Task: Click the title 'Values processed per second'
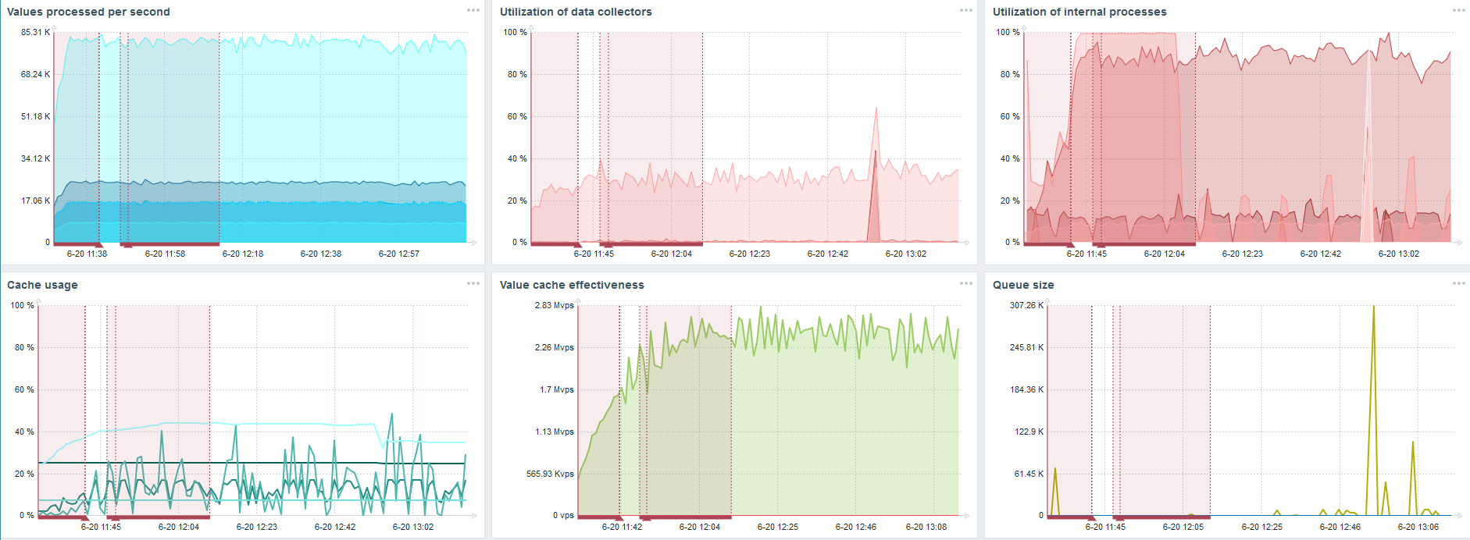[88, 12]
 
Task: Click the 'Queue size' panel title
[1023, 285]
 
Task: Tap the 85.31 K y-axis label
[35, 32]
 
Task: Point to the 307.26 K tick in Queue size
[1026, 305]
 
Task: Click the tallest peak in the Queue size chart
[1374, 307]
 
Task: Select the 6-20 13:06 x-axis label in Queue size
[1418, 527]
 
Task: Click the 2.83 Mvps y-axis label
[554, 305]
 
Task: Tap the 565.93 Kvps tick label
[550, 474]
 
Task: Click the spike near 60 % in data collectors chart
[876, 110]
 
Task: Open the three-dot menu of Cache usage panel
[473, 283]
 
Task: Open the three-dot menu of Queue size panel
[1458, 283]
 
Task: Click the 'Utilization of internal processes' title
[1079, 12]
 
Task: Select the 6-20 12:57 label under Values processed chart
[398, 254]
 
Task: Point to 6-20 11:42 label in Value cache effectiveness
[622, 527]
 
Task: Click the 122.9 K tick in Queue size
[1029, 432]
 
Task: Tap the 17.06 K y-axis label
[35, 201]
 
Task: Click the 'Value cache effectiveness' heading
[572, 285]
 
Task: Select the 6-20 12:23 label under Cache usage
[256, 527]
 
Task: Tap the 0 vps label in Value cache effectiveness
[563, 515]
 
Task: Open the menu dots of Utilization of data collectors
[966, 10]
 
